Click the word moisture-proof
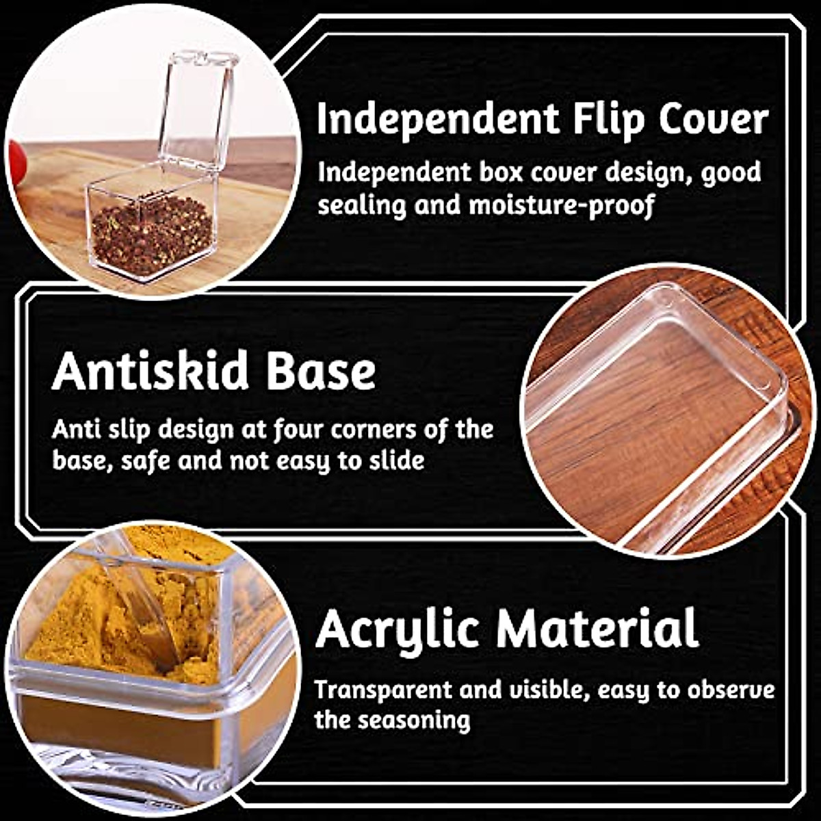tap(561, 205)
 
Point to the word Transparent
tap(382, 689)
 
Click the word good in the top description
tap(731, 172)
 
